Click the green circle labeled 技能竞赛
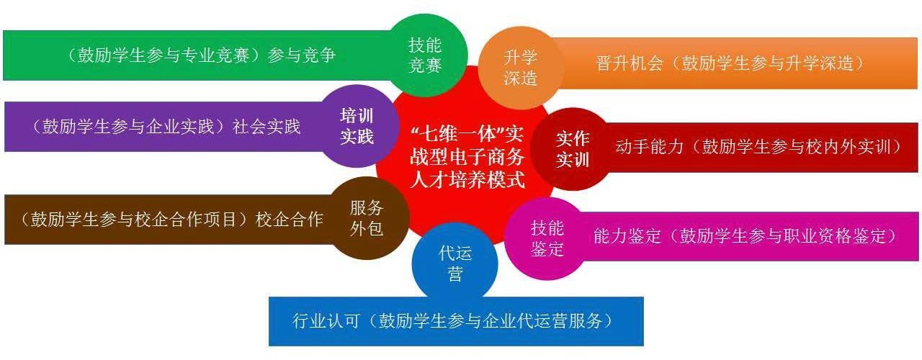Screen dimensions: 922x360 pos(426,55)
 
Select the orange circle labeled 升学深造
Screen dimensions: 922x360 pos(520,68)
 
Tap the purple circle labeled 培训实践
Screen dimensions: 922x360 pos(357,126)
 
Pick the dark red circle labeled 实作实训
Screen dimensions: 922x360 pos(572,149)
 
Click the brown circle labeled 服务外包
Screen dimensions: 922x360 pos(367,218)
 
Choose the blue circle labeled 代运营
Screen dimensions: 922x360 pos(455,264)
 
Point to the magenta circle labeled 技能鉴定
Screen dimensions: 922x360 pos(547,238)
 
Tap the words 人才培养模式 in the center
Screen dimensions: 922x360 pos(467,180)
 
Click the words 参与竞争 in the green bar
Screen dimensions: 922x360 pos(302,55)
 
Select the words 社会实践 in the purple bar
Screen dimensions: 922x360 pos(267,126)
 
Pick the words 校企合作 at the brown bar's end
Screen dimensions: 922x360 pos(289,220)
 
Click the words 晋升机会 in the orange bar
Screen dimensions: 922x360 pos(630,63)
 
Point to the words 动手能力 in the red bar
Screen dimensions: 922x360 pos(650,147)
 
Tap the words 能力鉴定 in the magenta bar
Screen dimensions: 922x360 pos(627,236)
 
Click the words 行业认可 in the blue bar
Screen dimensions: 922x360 pos(326,320)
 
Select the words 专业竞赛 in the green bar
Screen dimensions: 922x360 pos(215,55)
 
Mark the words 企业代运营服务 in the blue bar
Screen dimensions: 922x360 pos(542,320)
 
